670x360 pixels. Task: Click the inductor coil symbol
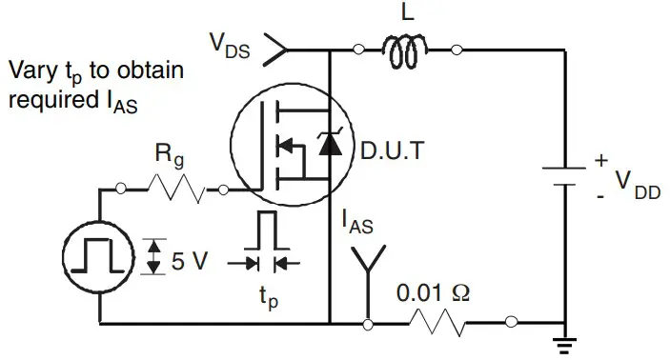coord(407,51)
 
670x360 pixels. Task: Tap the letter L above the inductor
coord(407,13)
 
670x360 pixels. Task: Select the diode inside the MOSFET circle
coord(329,144)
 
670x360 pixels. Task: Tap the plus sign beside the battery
coord(600,161)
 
